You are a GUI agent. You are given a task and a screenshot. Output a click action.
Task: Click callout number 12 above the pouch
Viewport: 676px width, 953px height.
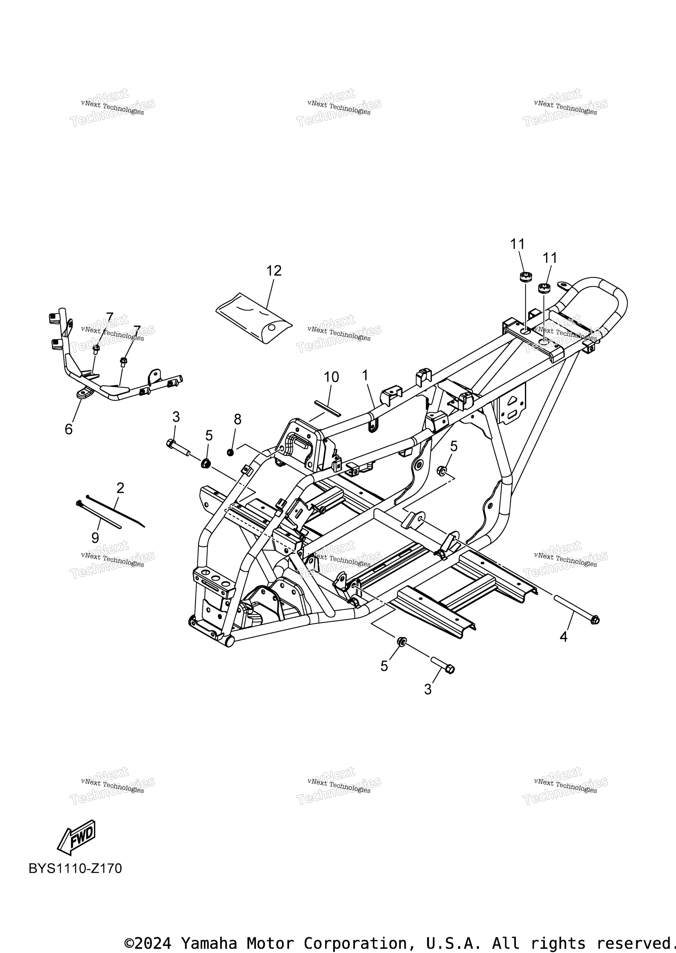[274, 271]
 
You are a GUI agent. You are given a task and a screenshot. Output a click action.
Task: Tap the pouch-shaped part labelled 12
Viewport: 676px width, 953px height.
[254, 318]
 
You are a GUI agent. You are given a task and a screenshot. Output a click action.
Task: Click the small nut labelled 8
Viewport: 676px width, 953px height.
[230, 452]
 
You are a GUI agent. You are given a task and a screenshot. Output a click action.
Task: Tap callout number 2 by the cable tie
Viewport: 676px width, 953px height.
[120, 488]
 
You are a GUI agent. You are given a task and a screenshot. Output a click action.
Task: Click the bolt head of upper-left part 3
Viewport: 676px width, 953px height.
[171, 444]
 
